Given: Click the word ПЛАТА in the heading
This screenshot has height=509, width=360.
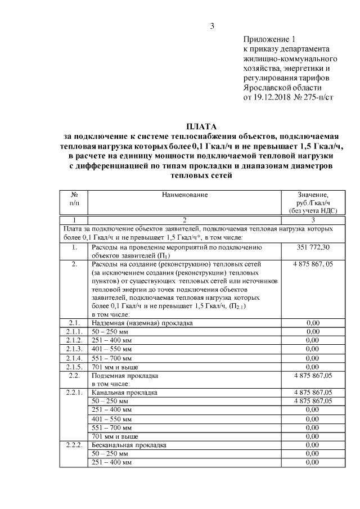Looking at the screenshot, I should (201, 127).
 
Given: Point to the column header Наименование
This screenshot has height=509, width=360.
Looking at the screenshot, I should (184, 195).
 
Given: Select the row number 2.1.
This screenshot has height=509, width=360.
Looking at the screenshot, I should (74, 323).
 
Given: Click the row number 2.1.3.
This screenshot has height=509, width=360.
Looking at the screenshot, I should (74, 349).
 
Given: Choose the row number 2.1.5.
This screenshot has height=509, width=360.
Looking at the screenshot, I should (74, 366).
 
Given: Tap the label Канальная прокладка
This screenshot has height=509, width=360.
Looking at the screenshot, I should (124, 392).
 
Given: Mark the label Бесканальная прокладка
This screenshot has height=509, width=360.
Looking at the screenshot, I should (128, 444).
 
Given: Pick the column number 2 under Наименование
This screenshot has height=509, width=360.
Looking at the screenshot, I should (184, 219).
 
